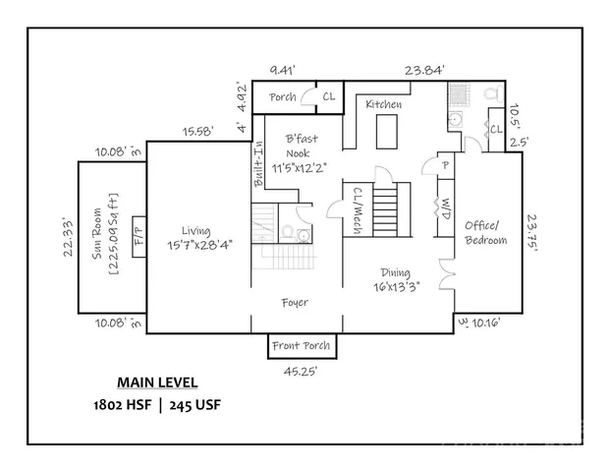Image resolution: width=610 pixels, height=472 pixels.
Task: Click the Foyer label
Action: [x=294, y=303]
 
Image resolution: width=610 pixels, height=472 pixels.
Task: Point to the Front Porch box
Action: [x=300, y=347]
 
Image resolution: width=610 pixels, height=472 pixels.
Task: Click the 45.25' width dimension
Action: [x=300, y=373]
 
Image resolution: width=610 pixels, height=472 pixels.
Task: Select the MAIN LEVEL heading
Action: [x=158, y=383]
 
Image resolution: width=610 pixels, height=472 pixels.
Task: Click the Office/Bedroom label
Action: [x=486, y=232]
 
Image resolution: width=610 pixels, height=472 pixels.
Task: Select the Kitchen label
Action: [x=384, y=104]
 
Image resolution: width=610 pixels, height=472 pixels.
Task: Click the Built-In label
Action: [x=259, y=164]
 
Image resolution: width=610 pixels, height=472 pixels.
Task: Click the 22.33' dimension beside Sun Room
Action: [x=68, y=237]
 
